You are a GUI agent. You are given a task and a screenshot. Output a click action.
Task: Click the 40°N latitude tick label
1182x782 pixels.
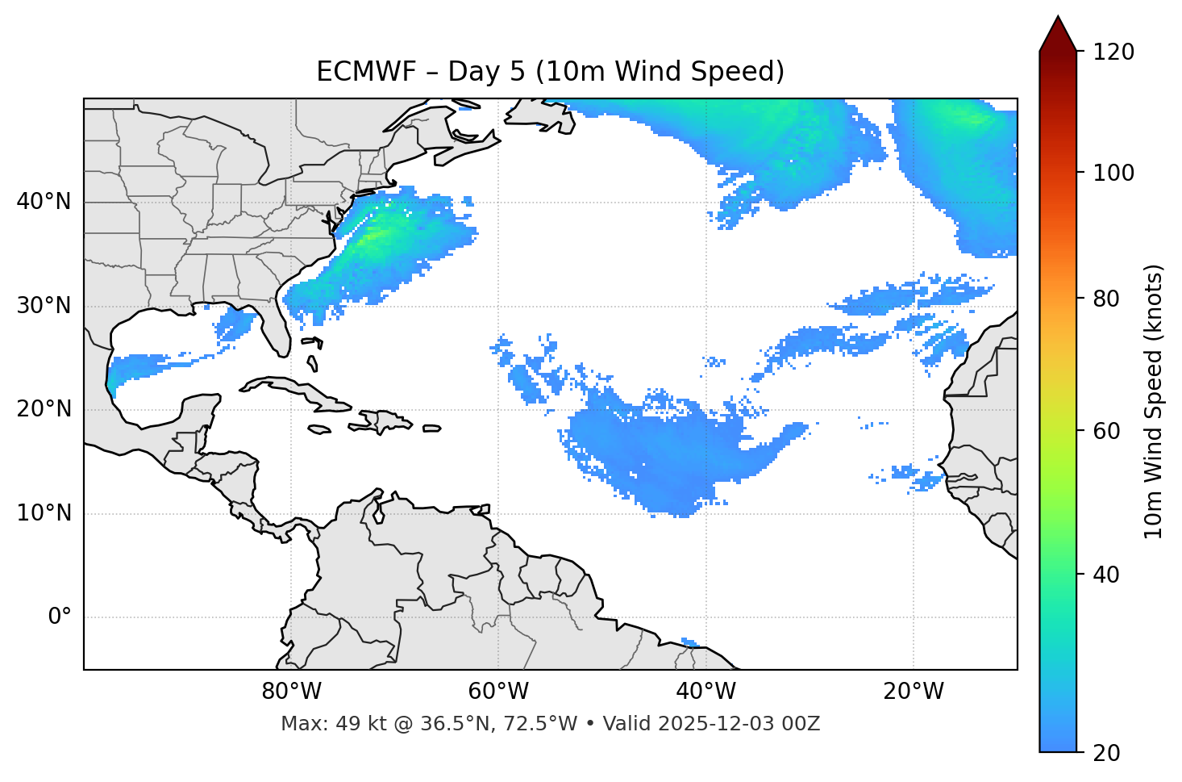[44, 202]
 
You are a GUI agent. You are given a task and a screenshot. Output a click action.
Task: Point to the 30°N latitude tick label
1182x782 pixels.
[44, 306]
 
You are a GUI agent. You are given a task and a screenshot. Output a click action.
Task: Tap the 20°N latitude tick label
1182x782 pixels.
[44, 409]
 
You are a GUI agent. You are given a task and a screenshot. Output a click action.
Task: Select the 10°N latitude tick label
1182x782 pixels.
[44, 513]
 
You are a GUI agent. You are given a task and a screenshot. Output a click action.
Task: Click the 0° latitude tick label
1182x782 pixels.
[60, 617]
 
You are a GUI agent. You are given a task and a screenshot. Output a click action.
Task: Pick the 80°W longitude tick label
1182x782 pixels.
[291, 692]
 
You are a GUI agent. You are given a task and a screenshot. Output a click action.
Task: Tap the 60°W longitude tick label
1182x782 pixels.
[498, 692]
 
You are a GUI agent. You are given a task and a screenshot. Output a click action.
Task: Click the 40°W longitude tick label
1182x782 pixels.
[705, 692]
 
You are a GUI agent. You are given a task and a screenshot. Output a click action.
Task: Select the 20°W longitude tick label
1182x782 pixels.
[914, 692]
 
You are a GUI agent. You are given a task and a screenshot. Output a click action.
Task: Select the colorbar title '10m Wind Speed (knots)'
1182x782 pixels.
[1154, 402]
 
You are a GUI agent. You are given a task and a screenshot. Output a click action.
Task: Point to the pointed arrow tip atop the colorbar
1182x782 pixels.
[1058, 19]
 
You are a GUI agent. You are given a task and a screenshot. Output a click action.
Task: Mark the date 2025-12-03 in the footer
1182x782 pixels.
[710, 724]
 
